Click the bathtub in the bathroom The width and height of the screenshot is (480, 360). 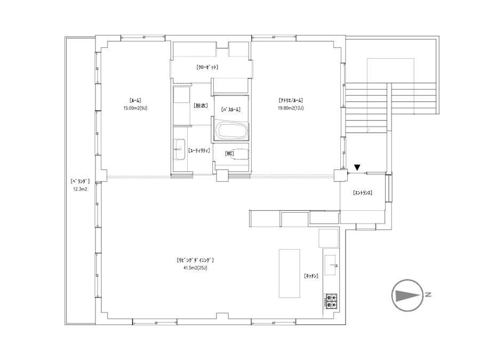click(x=231, y=131)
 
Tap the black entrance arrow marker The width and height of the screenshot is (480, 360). click(x=357, y=167)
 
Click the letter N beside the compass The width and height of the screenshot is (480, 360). click(x=428, y=295)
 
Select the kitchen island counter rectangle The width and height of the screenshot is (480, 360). click(x=289, y=273)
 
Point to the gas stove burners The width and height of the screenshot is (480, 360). click(x=331, y=301)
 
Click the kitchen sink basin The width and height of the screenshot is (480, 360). click(x=330, y=265)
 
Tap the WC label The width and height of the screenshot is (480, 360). click(x=229, y=154)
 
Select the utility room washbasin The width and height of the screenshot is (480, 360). click(x=180, y=149)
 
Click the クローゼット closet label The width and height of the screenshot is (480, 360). click(x=207, y=67)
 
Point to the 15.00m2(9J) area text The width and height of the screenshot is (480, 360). click(x=135, y=108)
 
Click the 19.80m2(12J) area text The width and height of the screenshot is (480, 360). click(x=291, y=108)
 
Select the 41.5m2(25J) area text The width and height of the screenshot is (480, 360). click(x=195, y=268)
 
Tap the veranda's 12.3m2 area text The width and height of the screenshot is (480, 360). click(x=80, y=189)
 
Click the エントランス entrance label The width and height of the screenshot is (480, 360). click(x=363, y=193)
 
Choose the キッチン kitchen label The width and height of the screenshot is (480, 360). click(x=311, y=276)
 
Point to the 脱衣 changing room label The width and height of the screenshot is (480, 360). click(x=201, y=106)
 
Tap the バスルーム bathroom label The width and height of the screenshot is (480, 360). click(x=230, y=109)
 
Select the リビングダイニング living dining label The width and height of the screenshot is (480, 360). click(x=195, y=260)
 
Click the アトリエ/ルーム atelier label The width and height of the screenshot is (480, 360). click(x=291, y=100)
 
